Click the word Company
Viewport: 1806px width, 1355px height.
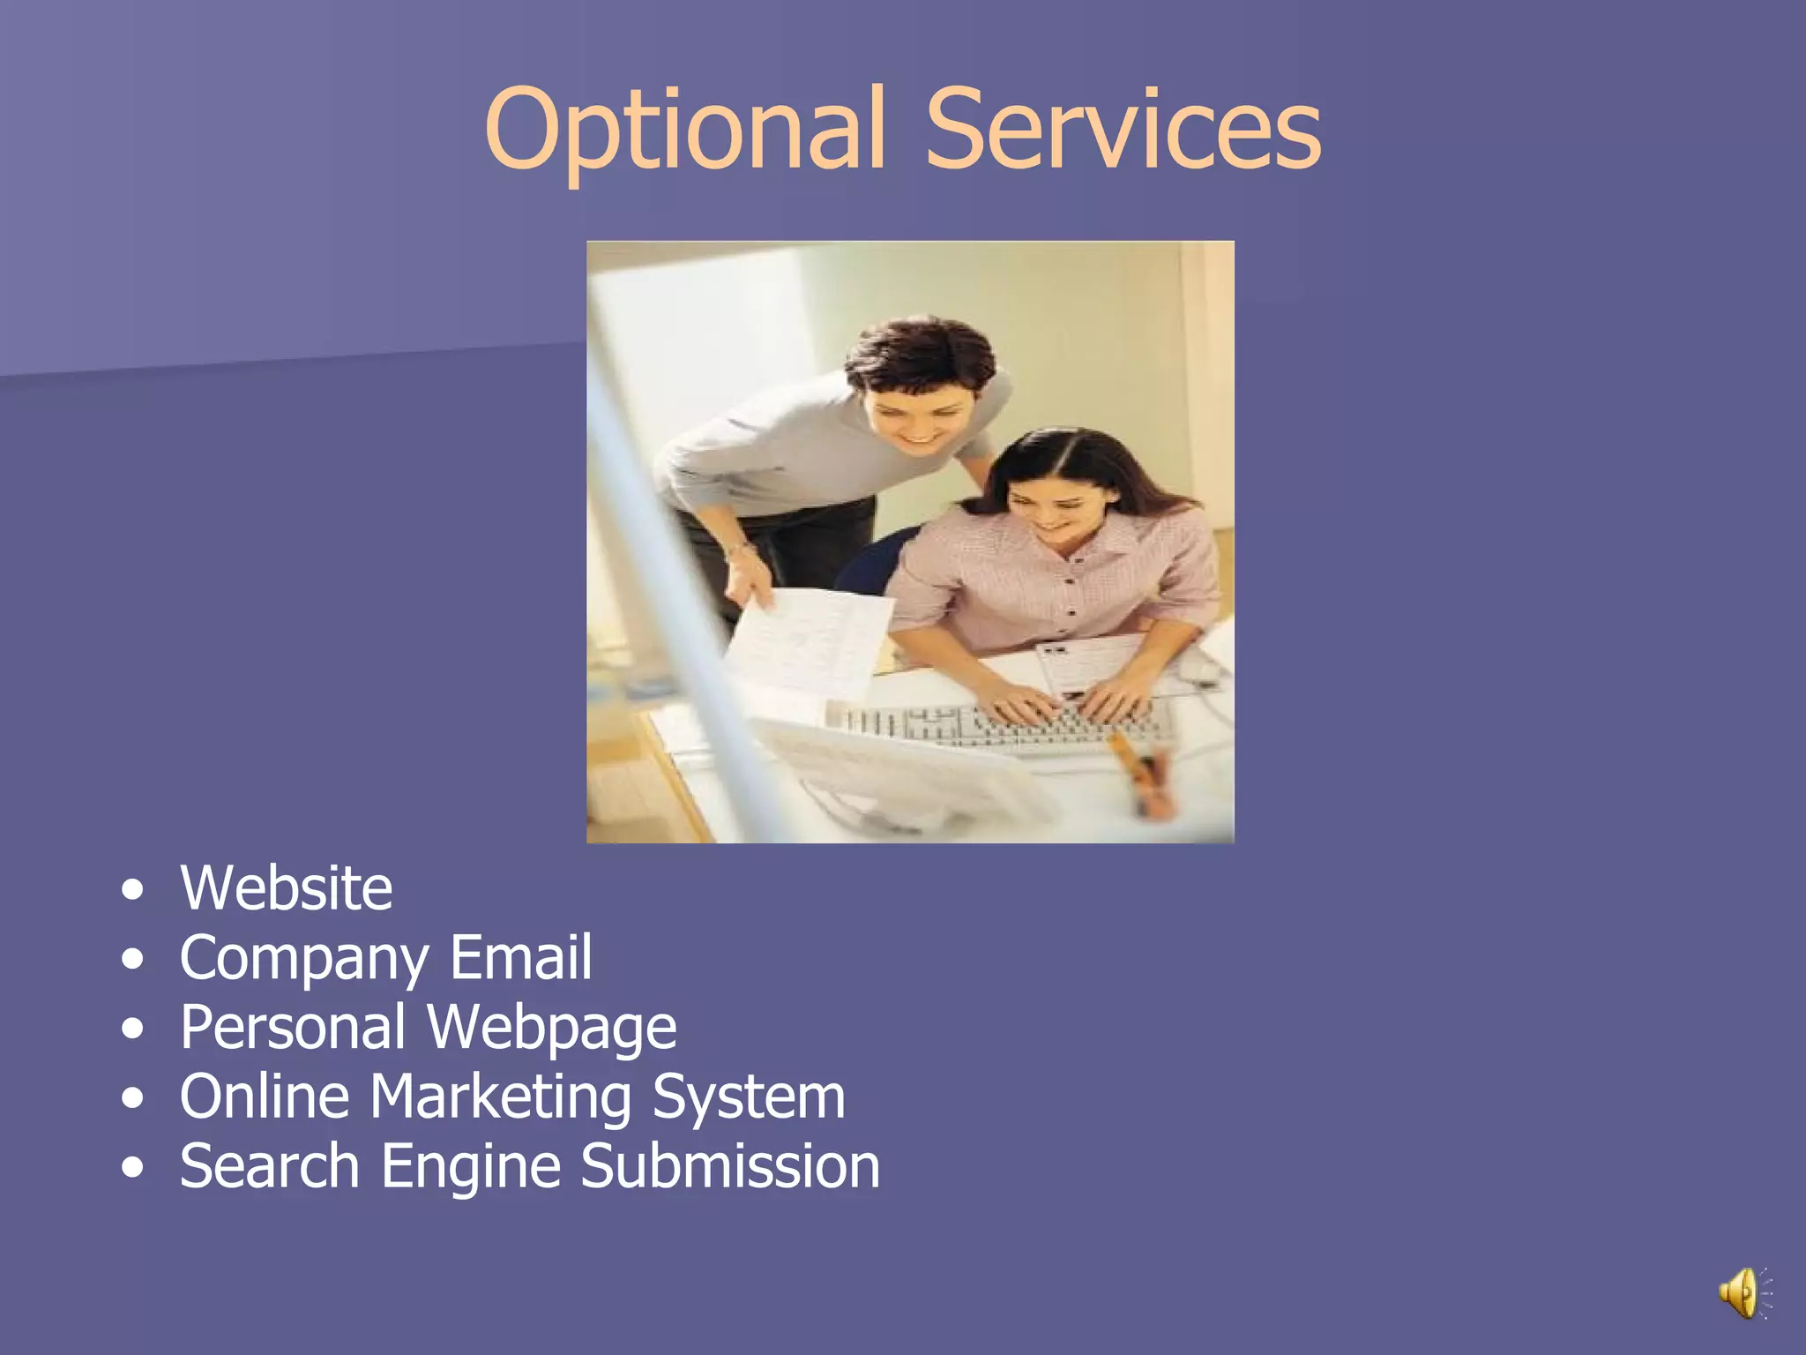(x=304, y=959)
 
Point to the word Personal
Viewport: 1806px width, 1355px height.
(x=293, y=1027)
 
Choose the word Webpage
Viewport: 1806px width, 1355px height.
(x=552, y=1029)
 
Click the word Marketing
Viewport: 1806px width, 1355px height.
(x=501, y=1097)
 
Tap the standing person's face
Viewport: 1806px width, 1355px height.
(x=917, y=410)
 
